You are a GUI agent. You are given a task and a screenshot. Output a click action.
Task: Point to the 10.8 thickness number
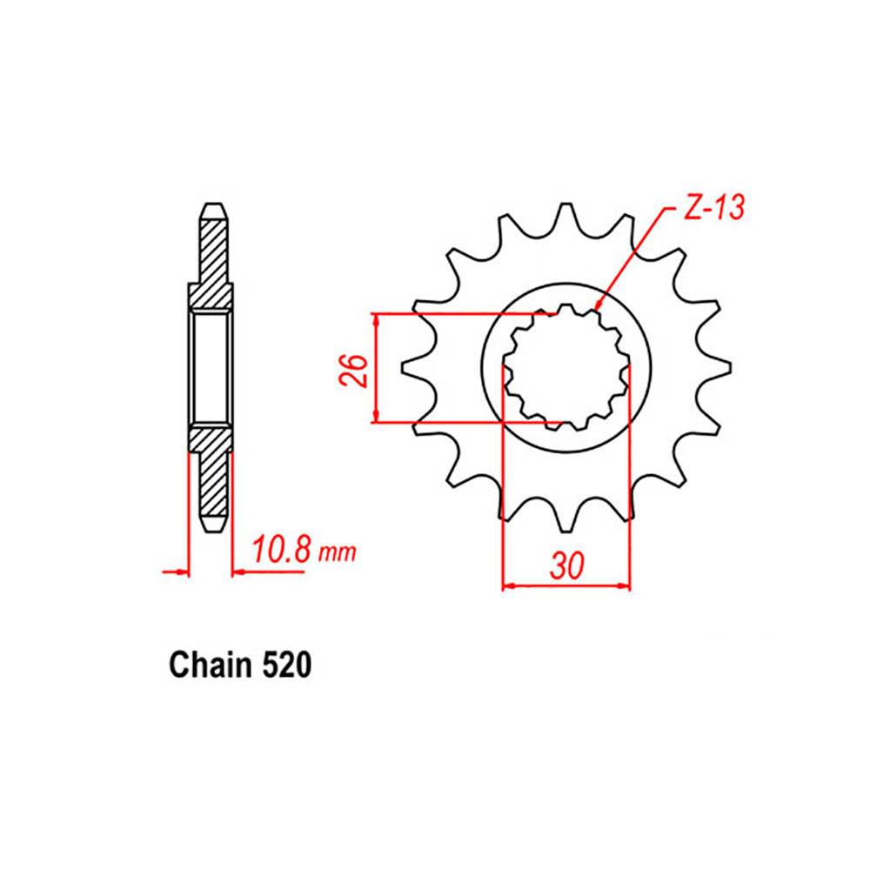[278, 552]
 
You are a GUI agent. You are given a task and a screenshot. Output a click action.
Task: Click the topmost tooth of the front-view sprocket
[565, 217]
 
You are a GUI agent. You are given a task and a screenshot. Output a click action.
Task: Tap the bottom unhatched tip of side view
[211, 525]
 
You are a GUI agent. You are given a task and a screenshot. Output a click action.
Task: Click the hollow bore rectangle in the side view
[211, 370]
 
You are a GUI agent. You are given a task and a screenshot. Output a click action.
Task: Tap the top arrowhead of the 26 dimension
[376, 320]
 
